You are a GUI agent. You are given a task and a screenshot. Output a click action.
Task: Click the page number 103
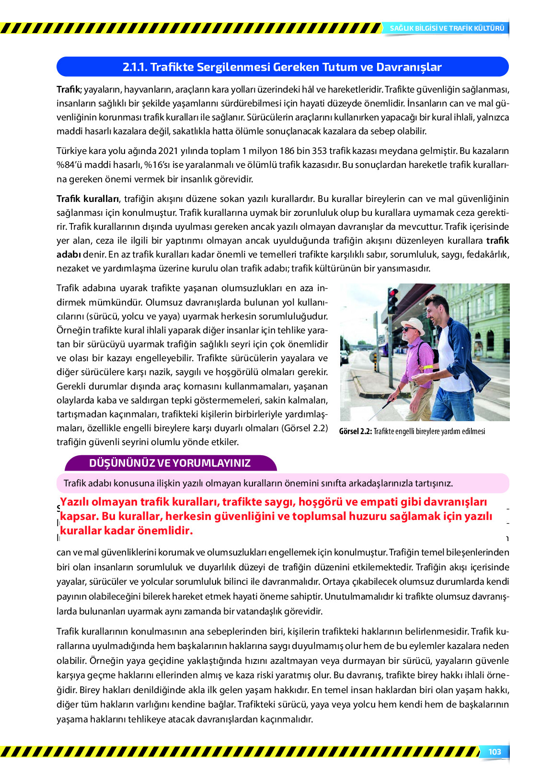[494, 752]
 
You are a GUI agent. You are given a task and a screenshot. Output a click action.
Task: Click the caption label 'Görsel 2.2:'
[355, 431]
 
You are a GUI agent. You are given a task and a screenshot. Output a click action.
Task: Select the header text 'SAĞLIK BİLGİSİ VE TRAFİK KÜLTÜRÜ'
[447, 28]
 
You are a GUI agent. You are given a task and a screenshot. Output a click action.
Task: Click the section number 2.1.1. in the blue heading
[135, 67]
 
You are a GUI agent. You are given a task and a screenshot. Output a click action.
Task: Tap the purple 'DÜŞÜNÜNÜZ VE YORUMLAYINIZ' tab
[170, 463]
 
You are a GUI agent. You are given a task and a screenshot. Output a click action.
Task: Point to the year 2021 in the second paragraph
[168, 151]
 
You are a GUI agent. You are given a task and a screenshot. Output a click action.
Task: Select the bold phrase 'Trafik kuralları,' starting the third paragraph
[89, 199]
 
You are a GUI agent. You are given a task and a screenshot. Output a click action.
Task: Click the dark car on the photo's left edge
[344, 356]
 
